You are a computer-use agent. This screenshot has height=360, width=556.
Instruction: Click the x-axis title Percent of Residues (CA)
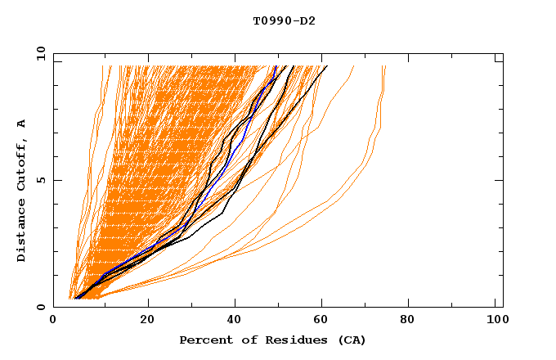pyautogui.click(x=272, y=340)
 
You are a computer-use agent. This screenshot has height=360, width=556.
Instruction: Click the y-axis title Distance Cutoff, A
pyautogui.click(x=21, y=191)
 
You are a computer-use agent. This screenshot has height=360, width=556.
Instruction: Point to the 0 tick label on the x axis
pyautogui.click(x=53, y=321)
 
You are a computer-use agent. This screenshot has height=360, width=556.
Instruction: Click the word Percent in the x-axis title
pyautogui.click(x=205, y=340)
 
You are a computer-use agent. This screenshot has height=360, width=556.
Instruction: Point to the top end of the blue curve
pyautogui.click(x=276, y=66)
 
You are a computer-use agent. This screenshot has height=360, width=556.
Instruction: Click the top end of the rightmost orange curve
pyautogui.click(x=385, y=66)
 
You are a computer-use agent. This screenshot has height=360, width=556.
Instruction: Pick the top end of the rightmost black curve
pyautogui.click(x=327, y=66)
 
